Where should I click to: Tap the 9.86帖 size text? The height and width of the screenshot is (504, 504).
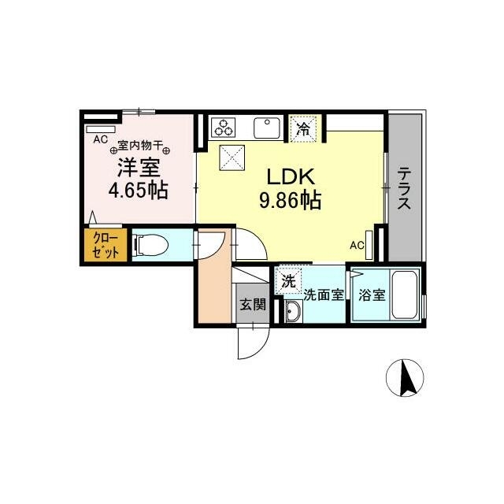tap(289, 201)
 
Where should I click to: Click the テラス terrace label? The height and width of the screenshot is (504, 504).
tap(404, 188)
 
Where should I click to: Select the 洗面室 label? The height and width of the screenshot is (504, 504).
tap(324, 296)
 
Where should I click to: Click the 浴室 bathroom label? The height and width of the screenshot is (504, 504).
tap(371, 296)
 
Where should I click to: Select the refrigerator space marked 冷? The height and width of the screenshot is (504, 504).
tap(302, 128)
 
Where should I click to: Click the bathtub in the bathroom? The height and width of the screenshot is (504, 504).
tap(406, 296)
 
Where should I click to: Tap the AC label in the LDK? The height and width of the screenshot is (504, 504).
tap(357, 245)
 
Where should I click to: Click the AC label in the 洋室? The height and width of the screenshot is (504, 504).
tap(100, 139)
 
